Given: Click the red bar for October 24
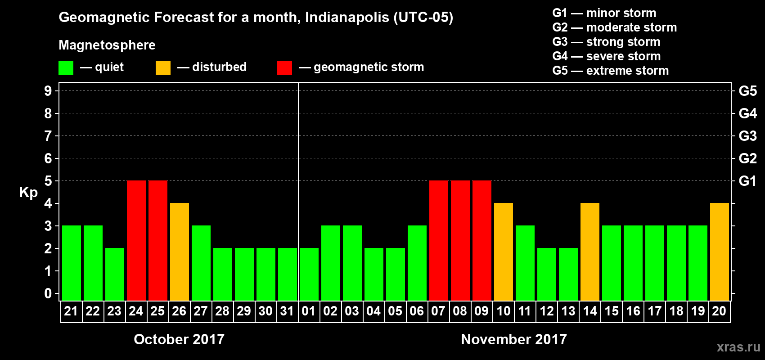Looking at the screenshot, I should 136,240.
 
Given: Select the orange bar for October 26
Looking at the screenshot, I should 179,252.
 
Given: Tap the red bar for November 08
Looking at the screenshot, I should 460,240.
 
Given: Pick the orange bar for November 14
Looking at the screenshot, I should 589,252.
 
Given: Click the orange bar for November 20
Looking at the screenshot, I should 719,252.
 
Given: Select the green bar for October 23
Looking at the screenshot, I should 114,274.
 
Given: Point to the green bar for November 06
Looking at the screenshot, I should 417,263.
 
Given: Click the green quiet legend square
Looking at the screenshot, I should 66,68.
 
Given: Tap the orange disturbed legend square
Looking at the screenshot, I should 163,68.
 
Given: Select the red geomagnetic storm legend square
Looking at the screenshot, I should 284,68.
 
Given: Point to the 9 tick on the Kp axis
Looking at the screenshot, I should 48,91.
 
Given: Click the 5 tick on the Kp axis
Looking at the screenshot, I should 48,181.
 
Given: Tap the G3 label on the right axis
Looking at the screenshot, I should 747,136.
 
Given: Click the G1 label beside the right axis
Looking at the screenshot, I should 747,181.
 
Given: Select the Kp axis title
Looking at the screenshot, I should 28,193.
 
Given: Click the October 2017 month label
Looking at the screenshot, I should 179,339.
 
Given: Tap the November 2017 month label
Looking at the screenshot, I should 514,339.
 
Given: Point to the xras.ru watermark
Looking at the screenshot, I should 738,347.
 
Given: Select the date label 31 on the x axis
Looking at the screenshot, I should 287,311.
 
